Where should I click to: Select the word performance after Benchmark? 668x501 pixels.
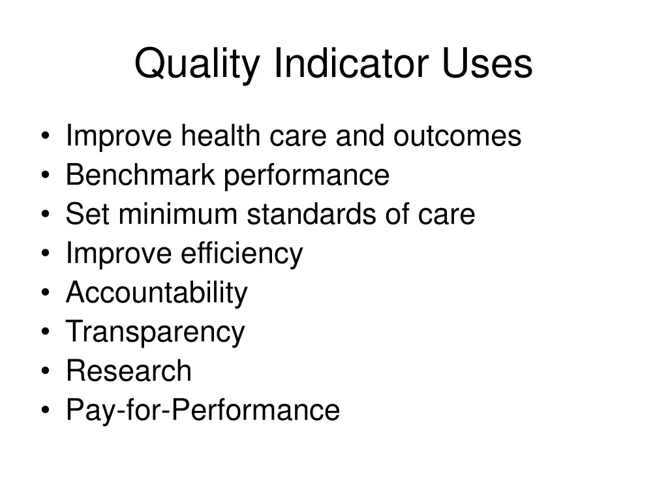pyautogui.click(x=307, y=177)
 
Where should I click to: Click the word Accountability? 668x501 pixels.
pyautogui.click(x=157, y=293)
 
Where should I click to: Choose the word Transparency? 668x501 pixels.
pyautogui.click(x=155, y=333)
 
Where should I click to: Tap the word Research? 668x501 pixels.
pyautogui.click(x=129, y=371)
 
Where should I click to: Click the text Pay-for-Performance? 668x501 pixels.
pyautogui.click(x=203, y=411)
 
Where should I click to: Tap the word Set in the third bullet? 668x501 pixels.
pyautogui.click(x=82, y=215)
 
